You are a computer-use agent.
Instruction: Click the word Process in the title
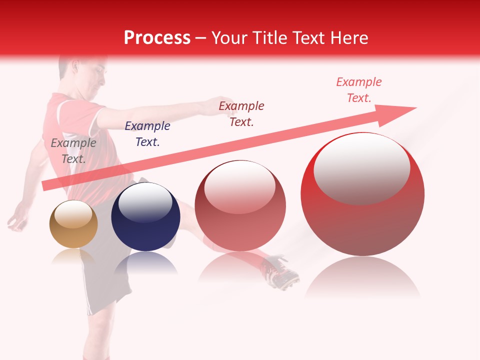click(157, 38)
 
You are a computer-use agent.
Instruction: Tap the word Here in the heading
click(345, 38)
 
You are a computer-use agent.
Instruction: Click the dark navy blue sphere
click(145, 217)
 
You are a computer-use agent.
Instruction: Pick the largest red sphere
click(362, 194)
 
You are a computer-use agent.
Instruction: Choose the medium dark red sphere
click(240, 205)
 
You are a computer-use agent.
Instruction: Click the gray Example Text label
click(73, 151)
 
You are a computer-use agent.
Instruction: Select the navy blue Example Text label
click(147, 134)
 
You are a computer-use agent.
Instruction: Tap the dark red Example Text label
click(241, 114)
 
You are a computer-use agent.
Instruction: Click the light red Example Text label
click(359, 90)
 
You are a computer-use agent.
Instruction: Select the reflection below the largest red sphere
click(362, 277)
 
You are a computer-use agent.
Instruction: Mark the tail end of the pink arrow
click(46, 185)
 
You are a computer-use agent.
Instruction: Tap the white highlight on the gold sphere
click(73, 215)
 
